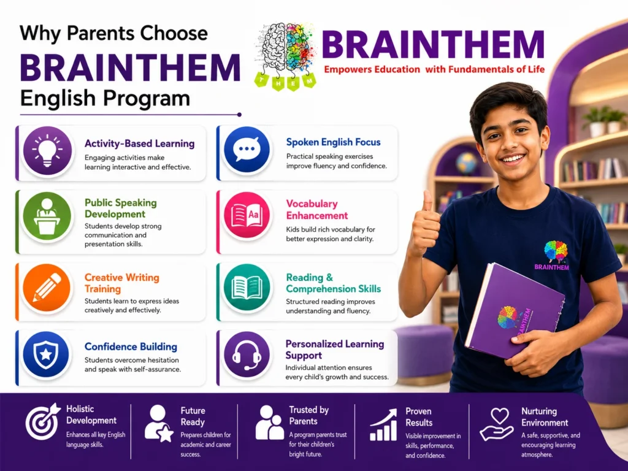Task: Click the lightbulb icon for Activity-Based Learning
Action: pos(47,151)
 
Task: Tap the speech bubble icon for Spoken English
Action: pos(247,150)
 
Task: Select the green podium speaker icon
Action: pos(47,216)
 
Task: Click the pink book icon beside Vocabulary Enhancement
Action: pos(247,215)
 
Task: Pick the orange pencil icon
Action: pos(47,288)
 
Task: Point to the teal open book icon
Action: pos(247,288)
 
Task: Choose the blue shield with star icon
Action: pos(46,354)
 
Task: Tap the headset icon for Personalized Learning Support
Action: pos(247,354)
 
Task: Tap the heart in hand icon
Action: pos(497,424)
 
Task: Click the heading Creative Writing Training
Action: pos(122,283)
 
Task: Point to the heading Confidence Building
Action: pos(131,347)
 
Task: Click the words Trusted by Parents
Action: pos(309,415)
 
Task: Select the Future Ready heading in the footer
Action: pos(193,416)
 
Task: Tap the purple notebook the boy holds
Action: pos(515,310)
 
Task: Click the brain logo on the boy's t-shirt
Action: pos(556,251)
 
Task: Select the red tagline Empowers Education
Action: pos(372,70)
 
